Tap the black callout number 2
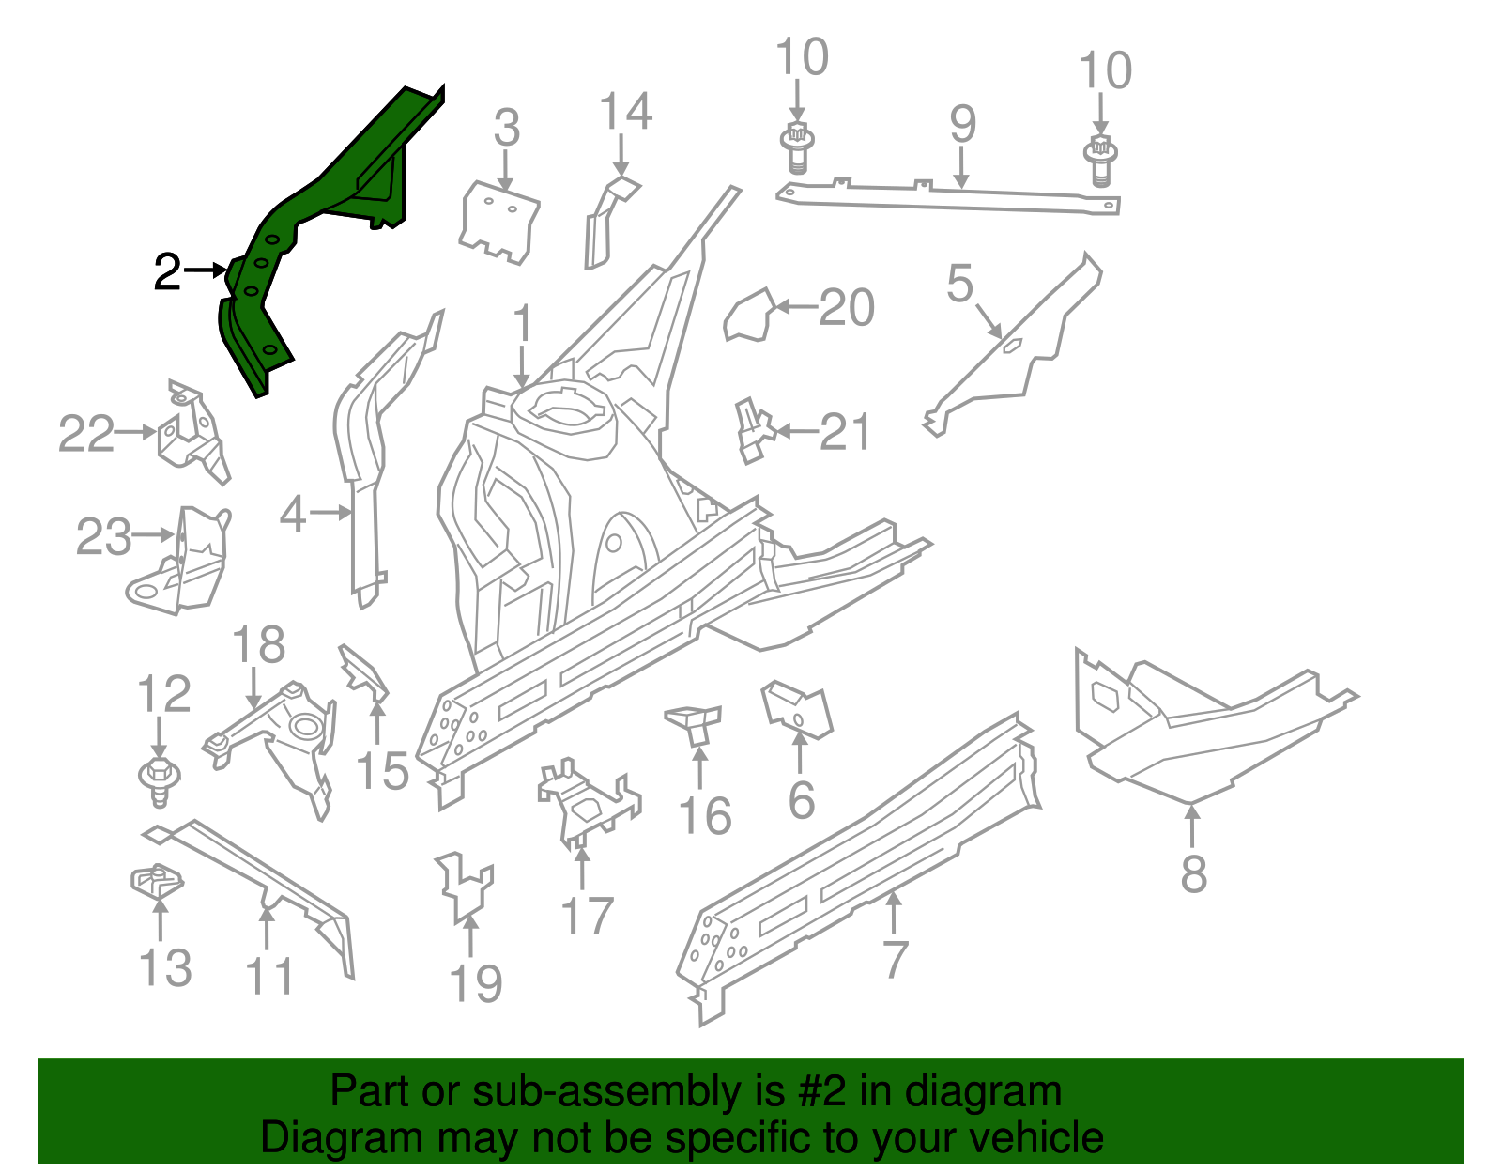[x=167, y=272]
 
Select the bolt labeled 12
[x=160, y=779]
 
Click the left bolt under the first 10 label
[x=796, y=148]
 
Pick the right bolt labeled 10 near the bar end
[x=1101, y=160]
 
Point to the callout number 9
[x=963, y=124]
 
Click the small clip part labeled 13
[x=156, y=881]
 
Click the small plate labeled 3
[x=500, y=221]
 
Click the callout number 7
[x=896, y=960]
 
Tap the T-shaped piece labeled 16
[x=695, y=723]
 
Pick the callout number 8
[x=1193, y=874]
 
